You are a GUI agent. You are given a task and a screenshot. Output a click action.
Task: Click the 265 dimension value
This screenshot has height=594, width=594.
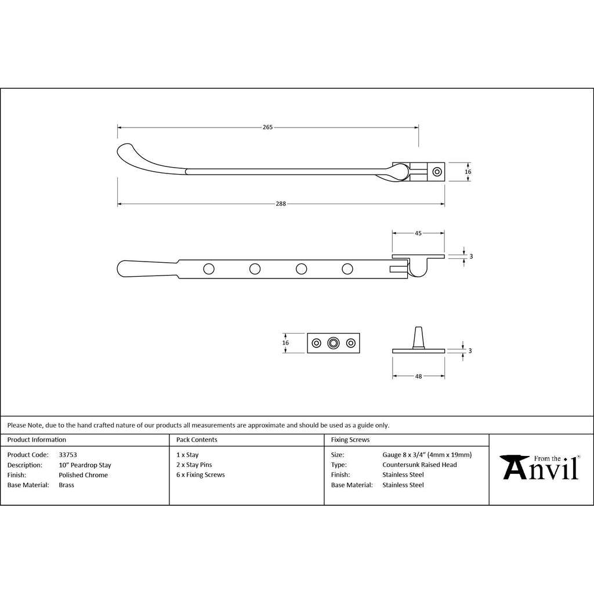click(x=267, y=127)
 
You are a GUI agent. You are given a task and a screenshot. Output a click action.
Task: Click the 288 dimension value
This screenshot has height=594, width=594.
click(x=281, y=204)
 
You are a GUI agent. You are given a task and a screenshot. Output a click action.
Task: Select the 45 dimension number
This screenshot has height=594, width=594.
click(x=418, y=233)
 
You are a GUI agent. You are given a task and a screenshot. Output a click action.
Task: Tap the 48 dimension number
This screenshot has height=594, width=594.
click(x=418, y=376)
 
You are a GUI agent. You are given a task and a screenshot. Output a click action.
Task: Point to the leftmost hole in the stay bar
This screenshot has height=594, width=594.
click(x=209, y=269)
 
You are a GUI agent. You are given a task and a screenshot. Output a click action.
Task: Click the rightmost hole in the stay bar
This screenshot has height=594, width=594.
click(x=347, y=269)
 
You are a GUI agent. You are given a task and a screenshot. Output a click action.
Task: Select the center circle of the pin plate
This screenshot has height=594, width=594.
click(x=334, y=343)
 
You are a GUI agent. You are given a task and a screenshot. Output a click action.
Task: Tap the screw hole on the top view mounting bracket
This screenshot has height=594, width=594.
click(x=437, y=172)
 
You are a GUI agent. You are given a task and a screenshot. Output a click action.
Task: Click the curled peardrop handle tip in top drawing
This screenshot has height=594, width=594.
click(x=126, y=151)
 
